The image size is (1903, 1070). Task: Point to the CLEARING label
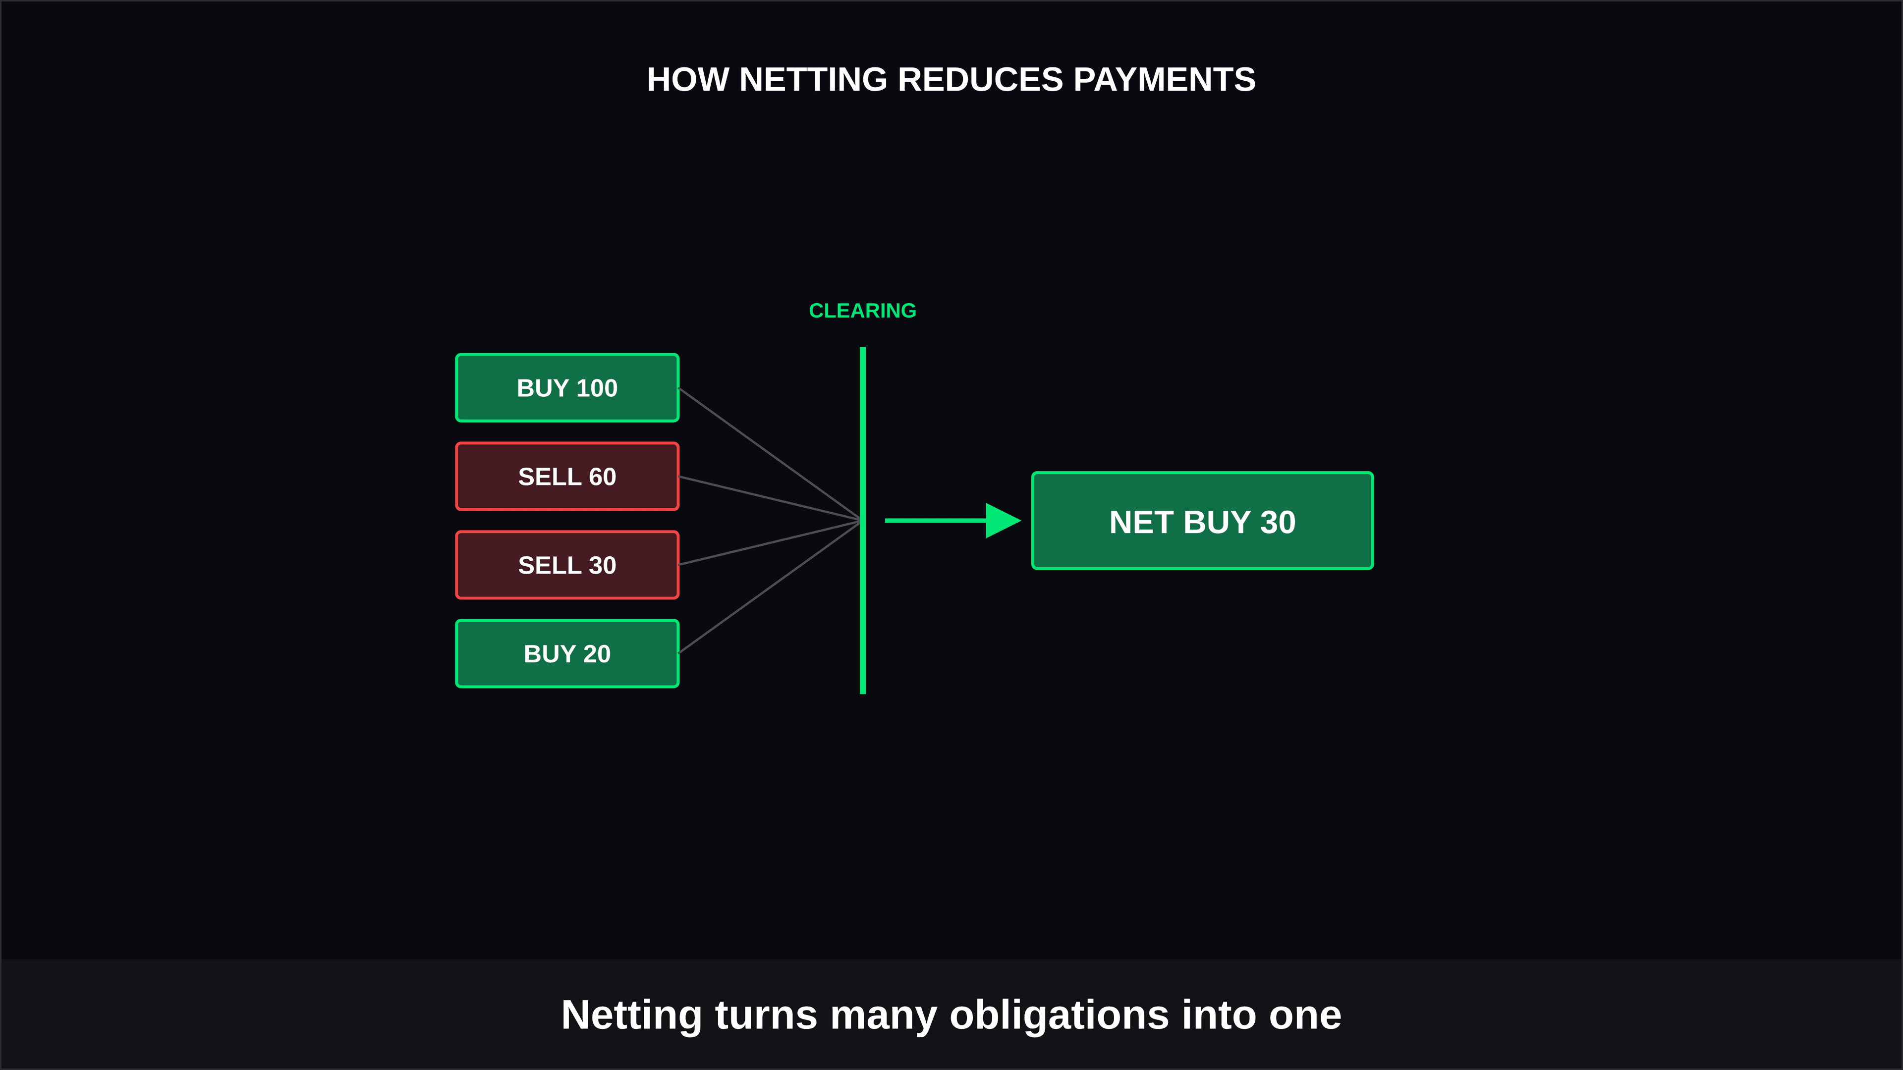[863, 311]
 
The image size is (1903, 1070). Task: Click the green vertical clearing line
[863, 521]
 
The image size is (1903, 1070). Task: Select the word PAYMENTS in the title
[1164, 80]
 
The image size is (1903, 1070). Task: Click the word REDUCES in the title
[980, 80]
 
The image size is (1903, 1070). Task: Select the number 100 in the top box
[597, 388]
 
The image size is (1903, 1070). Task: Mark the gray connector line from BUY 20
[770, 587]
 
